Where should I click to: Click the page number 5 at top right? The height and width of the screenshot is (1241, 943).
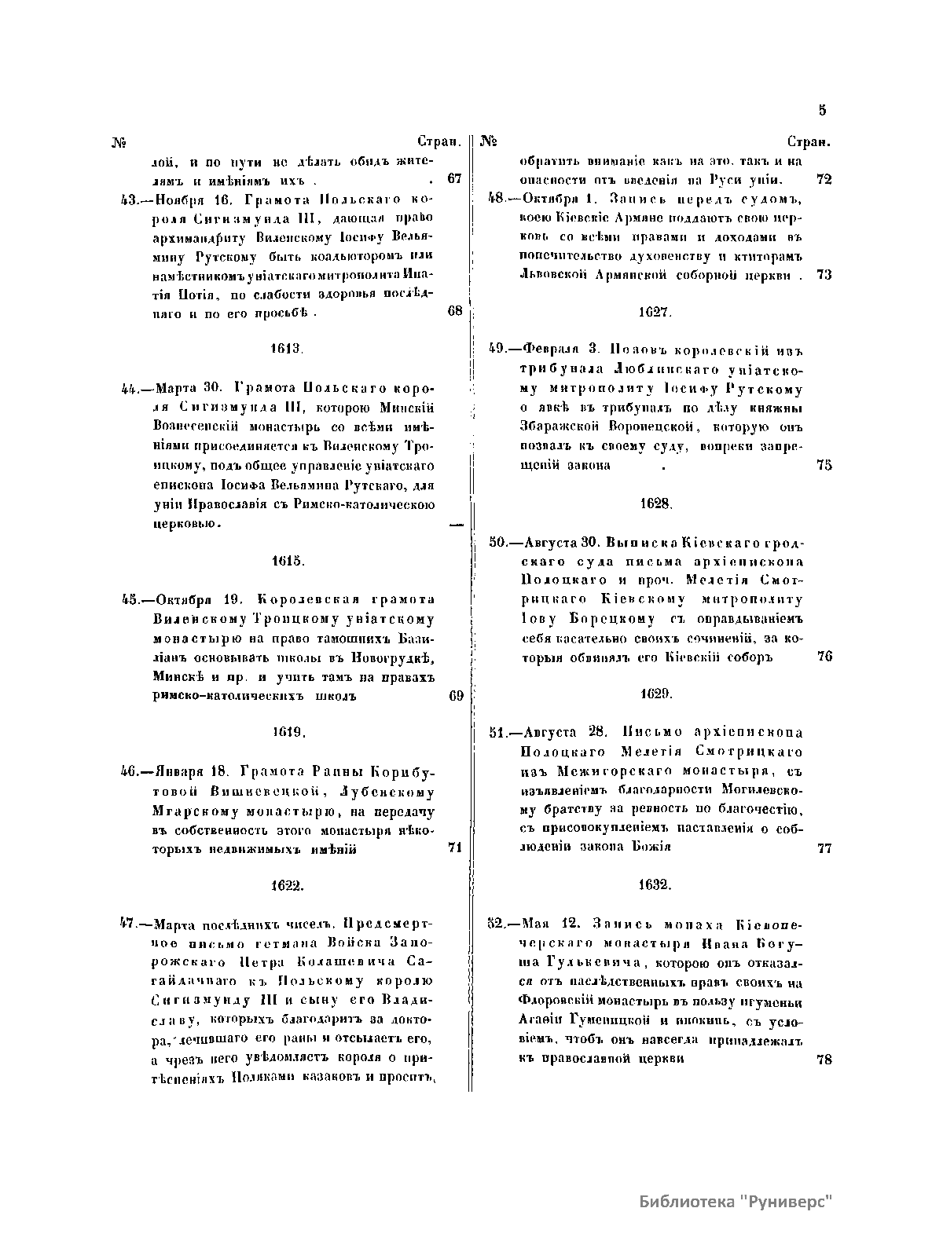point(822,110)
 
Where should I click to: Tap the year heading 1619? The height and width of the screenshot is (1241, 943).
point(288,732)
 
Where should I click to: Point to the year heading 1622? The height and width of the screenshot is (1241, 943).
point(288,884)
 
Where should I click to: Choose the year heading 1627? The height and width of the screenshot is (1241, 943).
point(655,312)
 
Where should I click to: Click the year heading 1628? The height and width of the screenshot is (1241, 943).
point(655,503)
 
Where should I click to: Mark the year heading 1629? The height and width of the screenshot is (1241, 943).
point(655,694)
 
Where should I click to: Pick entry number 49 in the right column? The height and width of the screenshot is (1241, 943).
point(497,350)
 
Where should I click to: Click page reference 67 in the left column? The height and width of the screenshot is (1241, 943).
point(454,179)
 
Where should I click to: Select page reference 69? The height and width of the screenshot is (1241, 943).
point(456,696)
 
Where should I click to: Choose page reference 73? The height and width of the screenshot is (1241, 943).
point(824,275)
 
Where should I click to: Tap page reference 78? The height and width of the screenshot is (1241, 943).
point(824,1060)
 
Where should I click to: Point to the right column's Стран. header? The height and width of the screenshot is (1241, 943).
point(809,142)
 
